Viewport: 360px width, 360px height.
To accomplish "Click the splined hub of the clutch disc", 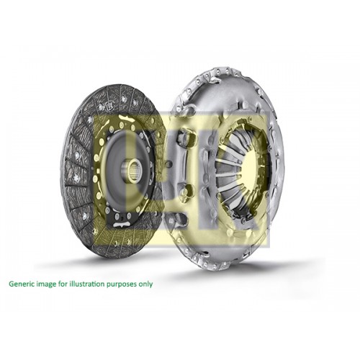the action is click(x=132, y=169).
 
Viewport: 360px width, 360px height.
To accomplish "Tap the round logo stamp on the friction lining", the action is click(x=107, y=106).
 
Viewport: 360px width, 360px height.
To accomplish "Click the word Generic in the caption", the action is click(x=20, y=284).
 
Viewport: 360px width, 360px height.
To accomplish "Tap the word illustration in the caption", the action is click(x=86, y=284).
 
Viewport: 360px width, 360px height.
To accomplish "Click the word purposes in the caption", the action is click(x=122, y=285).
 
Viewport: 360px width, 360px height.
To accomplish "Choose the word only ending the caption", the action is click(x=145, y=284).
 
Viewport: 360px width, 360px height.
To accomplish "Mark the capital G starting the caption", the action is click(x=11, y=284).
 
